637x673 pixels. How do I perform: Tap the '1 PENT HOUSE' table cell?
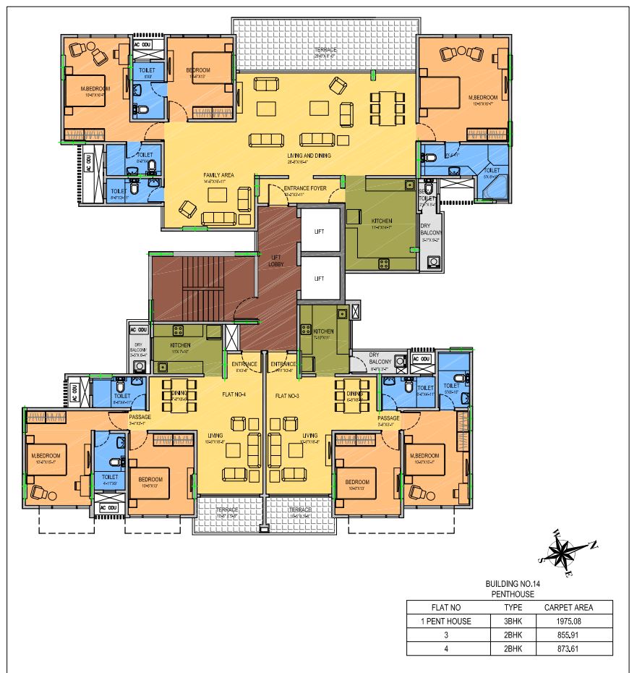click(x=441, y=621)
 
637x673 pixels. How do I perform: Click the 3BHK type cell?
click(x=513, y=621)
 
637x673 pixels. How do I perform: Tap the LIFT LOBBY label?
click(x=277, y=261)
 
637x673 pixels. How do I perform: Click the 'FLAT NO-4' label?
click(x=234, y=396)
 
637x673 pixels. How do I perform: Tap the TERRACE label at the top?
click(x=325, y=50)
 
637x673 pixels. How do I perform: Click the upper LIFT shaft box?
click(x=319, y=232)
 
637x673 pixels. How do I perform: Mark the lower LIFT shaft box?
click(x=319, y=278)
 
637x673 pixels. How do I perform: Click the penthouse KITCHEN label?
click(x=382, y=220)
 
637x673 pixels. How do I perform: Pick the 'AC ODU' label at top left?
click(x=142, y=45)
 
